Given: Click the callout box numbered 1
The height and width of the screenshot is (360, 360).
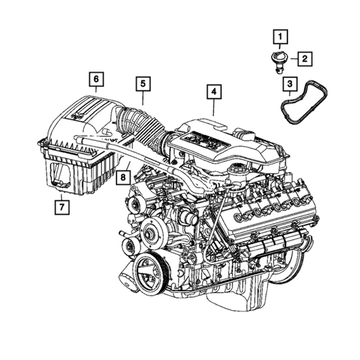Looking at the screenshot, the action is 280,37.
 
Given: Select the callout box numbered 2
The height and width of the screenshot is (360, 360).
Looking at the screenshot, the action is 304,59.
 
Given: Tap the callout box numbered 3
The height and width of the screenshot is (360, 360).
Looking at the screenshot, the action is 290,84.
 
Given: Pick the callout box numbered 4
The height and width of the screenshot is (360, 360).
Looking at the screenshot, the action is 214,92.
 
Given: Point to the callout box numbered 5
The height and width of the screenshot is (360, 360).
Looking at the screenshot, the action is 143,84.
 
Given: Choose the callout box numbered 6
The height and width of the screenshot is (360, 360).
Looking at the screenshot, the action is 96,79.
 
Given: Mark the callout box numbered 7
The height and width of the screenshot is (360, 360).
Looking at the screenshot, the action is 62,207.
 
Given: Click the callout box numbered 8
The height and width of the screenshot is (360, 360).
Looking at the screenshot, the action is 123,177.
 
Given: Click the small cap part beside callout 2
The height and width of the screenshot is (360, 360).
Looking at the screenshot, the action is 278,62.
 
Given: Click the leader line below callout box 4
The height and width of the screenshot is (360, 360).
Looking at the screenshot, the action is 214,107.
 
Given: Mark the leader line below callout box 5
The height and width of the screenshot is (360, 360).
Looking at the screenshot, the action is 143,98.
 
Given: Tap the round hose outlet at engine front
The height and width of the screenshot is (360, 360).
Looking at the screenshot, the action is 189,217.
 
